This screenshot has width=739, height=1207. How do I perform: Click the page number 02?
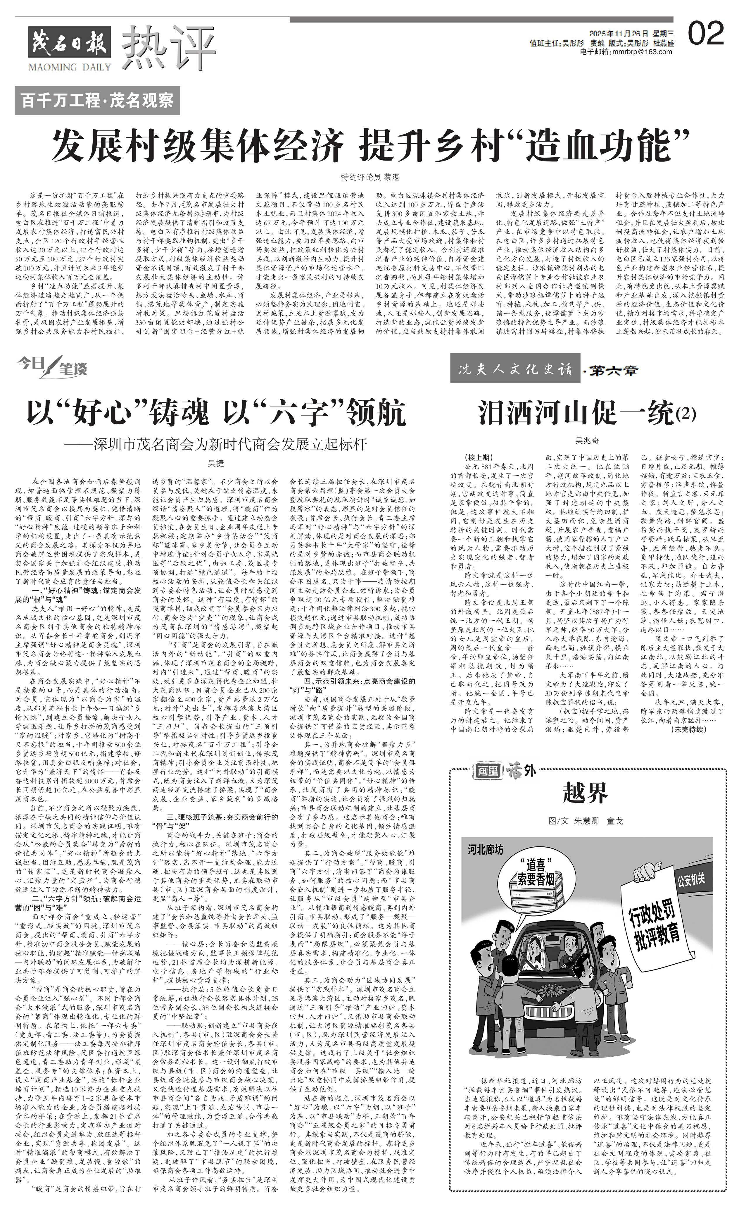click(x=706, y=34)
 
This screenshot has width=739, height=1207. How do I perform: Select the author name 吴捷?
click(x=216, y=463)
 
